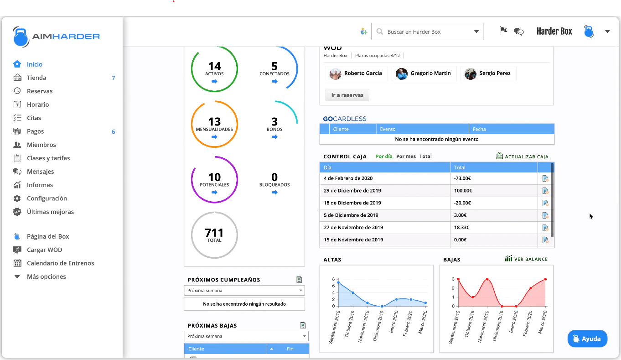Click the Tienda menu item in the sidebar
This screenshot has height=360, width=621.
(x=36, y=78)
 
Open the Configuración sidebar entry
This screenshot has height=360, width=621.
(x=47, y=198)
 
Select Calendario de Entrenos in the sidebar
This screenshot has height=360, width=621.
(x=60, y=263)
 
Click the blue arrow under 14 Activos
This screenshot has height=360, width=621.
(x=214, y=81)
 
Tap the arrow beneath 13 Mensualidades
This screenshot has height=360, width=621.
(x=214, y=137)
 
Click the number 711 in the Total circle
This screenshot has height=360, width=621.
(x=214, y=233)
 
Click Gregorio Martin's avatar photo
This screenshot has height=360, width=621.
(x=401, y=73)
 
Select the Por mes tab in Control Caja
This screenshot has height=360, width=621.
(x=406, y=156)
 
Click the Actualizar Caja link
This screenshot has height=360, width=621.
(x=523, y=156)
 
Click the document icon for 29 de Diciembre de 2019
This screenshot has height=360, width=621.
(x=545, y=191)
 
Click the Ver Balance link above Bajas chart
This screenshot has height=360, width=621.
(x=526, y=259)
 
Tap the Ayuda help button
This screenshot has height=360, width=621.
(x=587, y=339)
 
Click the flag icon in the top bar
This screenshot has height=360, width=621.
(x=503, y=31)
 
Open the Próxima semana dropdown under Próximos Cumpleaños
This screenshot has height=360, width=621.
(x=244, y=290)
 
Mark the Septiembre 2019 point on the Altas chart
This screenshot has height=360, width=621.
(x=338, y=282)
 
